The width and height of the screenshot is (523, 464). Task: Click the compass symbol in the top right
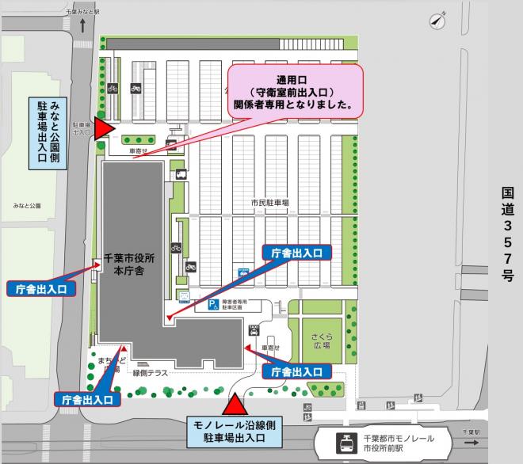pos(437,21)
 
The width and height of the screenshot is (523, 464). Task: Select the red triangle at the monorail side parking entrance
pos(234,405)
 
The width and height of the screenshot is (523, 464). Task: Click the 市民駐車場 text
pos(270,203)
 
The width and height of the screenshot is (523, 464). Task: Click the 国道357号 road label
pos(507,235)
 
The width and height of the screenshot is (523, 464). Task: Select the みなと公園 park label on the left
pos(26,206)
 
